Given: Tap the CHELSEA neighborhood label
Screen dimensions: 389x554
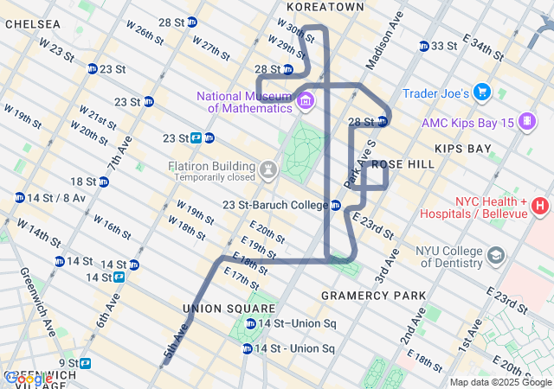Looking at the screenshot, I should [x=33, y=24].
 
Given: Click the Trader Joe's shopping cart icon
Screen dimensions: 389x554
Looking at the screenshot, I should [x=482, y=92].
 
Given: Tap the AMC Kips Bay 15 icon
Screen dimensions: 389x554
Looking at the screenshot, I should [x=526, y=123].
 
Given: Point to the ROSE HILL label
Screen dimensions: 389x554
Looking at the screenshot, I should [x=403, y=164].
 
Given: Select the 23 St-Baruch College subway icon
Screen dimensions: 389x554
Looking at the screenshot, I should [x=335, y=205].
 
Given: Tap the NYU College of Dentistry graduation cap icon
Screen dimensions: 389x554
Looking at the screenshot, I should [x=495, y=256].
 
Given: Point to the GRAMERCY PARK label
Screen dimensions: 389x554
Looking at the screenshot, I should [x=373, y=296].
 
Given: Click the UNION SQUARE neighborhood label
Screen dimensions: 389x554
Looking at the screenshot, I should [x=216, y=309].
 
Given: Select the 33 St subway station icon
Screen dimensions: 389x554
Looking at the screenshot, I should [x=423, y=46].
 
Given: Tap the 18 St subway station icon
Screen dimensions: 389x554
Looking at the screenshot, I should [x=104, y=182].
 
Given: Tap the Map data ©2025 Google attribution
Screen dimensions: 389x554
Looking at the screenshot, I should [x=500, y=382].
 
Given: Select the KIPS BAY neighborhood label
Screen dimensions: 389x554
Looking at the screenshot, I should [x=462, y=149].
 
